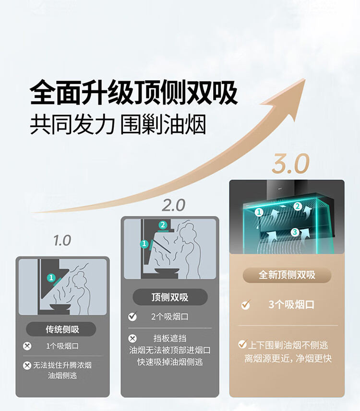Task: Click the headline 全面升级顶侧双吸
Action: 134,93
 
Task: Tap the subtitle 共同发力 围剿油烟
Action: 118,124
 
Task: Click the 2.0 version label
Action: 173,205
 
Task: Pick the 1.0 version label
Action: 62,240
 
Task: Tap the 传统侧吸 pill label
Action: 62,329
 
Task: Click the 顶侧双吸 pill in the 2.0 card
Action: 170,297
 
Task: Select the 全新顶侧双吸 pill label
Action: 287,275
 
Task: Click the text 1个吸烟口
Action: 62,346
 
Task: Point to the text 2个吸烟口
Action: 169,317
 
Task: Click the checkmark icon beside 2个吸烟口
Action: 132,317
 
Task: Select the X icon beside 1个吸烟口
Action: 27,346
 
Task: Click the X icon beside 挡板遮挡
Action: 132,338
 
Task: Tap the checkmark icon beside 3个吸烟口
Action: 245,305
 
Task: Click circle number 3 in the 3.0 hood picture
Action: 295,232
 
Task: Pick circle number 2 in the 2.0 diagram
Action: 163,225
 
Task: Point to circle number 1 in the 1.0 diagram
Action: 51,277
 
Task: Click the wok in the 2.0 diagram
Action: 167,271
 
